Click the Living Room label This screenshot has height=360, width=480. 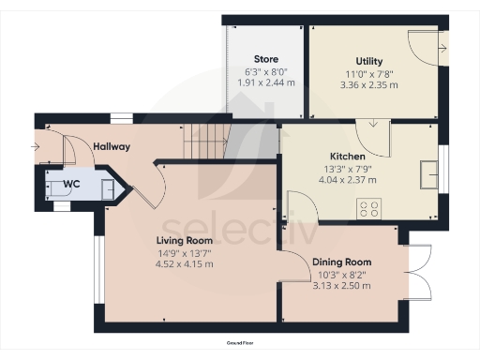(185, 240)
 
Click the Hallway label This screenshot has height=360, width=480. (112, 147)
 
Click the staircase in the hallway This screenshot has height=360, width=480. (204, 143)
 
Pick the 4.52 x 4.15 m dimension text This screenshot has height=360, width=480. (185, 264)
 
